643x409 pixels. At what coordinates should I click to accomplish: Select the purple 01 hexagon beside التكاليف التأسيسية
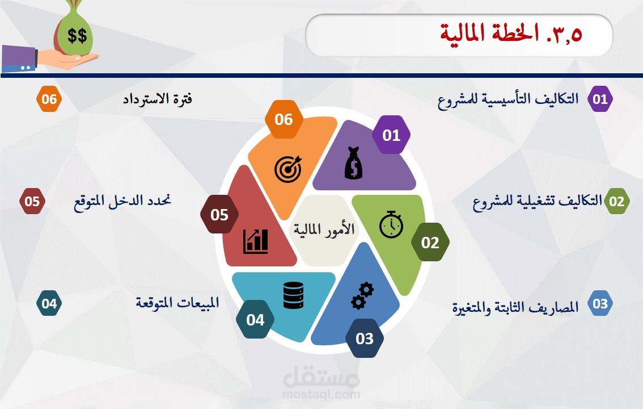pyautogui.click(x=600, y=99)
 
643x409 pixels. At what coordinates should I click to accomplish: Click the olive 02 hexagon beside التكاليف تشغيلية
pyautogui.click(x=616, y=201)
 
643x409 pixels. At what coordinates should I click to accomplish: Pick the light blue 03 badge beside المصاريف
pyautogui.click(x=600, y=303)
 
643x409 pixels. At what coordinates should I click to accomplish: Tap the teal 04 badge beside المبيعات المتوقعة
pyautogui.click(x=49, y=303)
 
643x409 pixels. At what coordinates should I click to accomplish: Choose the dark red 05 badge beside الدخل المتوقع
pyautogui.click(x=32, y=201)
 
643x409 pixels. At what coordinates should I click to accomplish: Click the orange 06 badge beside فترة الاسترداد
pyautogui.click(x=49, y=99)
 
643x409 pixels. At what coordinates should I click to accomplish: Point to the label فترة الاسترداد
pyautogui.click(x=158, y=99)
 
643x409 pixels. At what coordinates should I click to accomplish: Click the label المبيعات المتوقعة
pyautogui.click(x=177, y=303)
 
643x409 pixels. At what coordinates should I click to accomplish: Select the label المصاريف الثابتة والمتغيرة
pyautogui.click(x=515, y=307)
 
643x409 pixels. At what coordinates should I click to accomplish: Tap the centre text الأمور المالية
pyautogui.click(x=324, y=229)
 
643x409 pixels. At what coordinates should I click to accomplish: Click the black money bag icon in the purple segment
pyautogui.click(x=353, y=163)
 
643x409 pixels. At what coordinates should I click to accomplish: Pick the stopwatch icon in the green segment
pyautogui.click(x=391, y=224)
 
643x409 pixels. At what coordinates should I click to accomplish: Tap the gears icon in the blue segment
pyautogui.click(x=362, y=295)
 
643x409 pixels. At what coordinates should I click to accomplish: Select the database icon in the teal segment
pyautogui.click(x=294, y=295)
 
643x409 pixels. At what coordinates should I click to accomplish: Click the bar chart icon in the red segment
pyautogui.click(x=256, y=241)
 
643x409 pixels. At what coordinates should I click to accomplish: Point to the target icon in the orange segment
pyautogui.click(x=288, y=168)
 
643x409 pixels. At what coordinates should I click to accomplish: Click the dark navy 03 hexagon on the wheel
pyautogui.click(x=365, y=339)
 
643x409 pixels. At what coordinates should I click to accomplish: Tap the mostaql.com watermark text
pyautogui.click(x=321, y=395)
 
